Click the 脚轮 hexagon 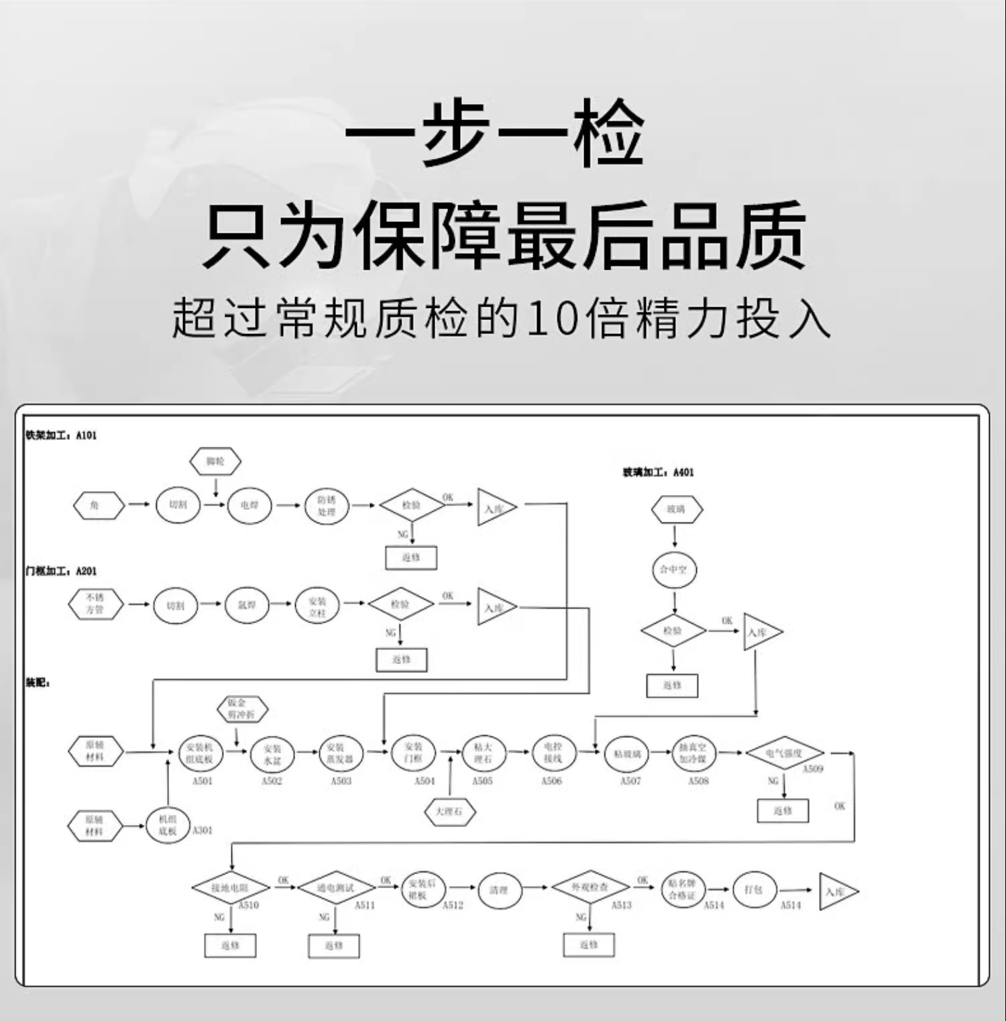point(215,462)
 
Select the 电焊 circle point(249,504)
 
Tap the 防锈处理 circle point(327,506)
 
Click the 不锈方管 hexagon point(95,604)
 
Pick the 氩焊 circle point(247,605)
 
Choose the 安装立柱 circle point(317,606)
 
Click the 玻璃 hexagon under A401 point(677,510)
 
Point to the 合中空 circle point(674,570)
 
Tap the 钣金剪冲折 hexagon point(242,709)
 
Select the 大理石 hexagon point(450,812)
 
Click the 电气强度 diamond point(785,753)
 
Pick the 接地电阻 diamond point(231,888)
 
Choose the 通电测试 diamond point(336,888)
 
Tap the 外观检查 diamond point(590,887)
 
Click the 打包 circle point(754,890)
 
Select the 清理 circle point(500,890)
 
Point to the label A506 point(551,782)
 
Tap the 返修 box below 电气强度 point(783,811)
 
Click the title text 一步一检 point(495,132)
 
